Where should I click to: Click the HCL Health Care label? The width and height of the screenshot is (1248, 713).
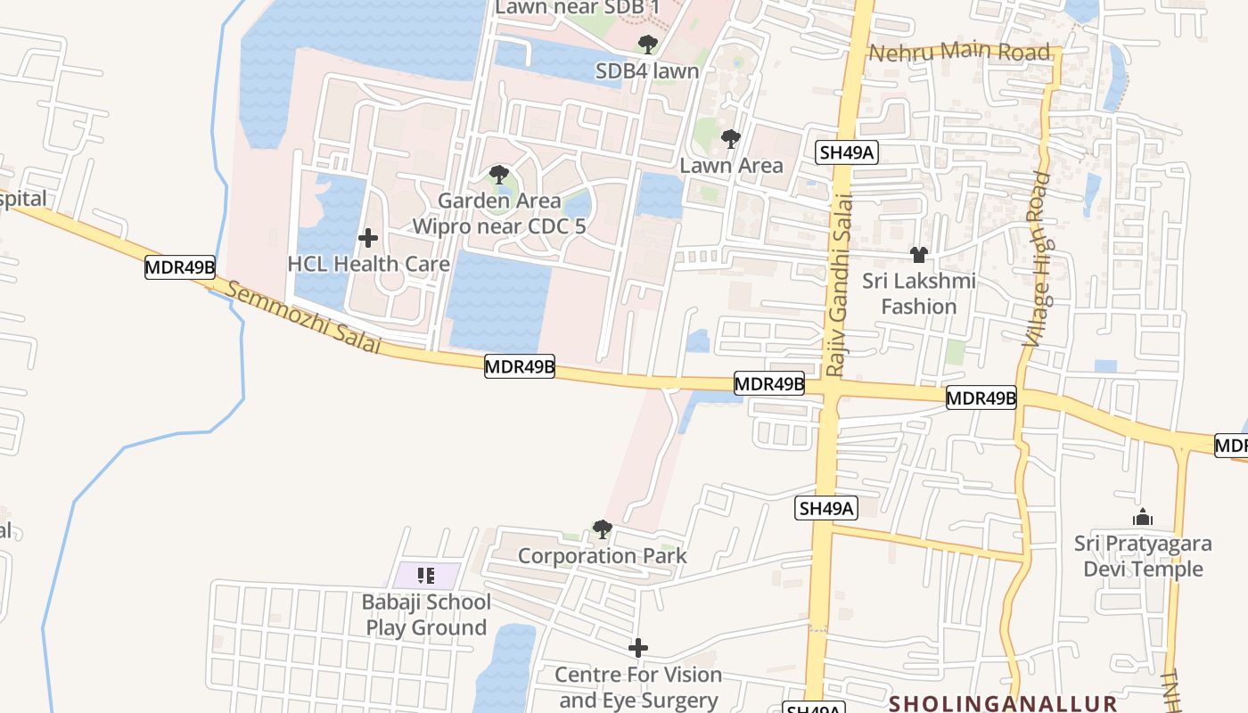(368, 264)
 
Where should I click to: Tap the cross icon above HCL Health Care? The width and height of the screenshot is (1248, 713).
(367, 238)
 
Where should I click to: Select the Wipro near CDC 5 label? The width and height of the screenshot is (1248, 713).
(498, 226)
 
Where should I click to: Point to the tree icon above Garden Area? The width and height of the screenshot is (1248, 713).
(499, 175)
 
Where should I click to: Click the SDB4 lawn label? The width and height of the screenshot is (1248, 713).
(647, 70)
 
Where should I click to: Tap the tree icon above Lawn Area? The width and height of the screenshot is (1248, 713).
(731, 139)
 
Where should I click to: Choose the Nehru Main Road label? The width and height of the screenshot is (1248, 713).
(959, 52)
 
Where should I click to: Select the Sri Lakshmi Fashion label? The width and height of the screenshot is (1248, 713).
(918, 293)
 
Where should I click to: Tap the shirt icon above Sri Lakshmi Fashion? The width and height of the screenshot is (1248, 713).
(919, 255)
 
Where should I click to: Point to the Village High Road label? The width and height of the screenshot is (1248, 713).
(1039, 258)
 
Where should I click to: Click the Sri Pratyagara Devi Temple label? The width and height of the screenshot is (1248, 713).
(1143, 555)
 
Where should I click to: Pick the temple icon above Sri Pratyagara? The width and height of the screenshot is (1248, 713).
(1143, 517)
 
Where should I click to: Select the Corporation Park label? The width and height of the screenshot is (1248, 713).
(603, 556)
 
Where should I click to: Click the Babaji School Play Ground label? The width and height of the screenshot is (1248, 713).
(426, 615)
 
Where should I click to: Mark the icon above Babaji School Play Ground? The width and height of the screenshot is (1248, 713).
(426, 576)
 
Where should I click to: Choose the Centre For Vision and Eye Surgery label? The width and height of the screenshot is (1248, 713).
(638, 687)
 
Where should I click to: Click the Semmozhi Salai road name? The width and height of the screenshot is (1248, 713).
(303, 317)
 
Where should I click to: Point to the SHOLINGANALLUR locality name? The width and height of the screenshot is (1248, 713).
(1003, 702)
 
